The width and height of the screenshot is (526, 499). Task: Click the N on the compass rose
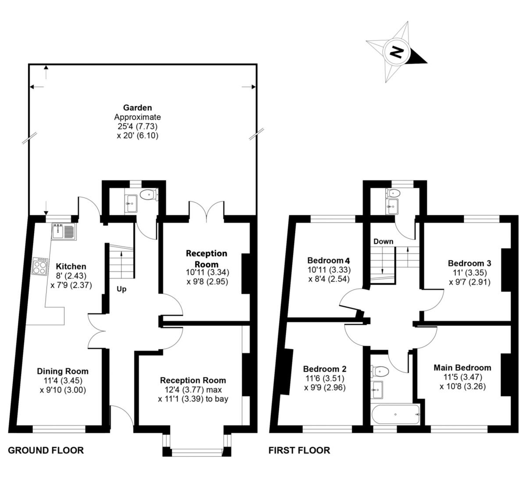(x=397, y=52)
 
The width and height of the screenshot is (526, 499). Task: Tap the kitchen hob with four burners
(x=39, y=266)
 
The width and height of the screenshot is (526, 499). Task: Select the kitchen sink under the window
(x=64, y=231)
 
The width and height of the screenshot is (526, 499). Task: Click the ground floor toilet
(x=150, y=194)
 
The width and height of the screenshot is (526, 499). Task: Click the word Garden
(x=137, y=107)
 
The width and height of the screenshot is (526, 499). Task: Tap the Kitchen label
(x=71, y=266)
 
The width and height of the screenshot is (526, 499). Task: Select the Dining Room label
(x=62, y=371)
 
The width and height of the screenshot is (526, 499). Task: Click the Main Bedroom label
(x=462, y=368)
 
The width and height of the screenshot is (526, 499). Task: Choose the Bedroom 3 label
(x=469, y=263)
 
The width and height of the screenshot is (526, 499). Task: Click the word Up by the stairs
(x=121, y=289)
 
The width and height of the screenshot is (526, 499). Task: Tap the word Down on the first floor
(x=383, y=241)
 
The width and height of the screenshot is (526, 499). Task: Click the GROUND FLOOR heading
(x=46, y=450)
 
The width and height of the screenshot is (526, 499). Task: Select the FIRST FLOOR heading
(x=299, y=450)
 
